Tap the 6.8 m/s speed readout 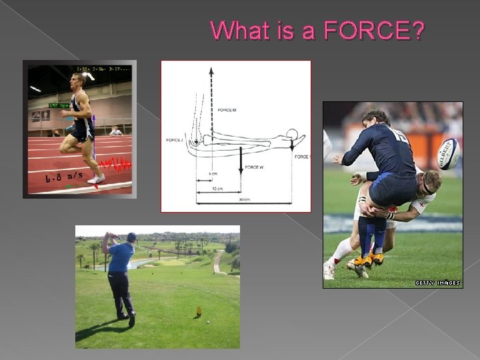[64, 177]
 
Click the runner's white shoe [97, 179]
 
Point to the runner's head [79, 83]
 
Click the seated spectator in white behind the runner [116, 131]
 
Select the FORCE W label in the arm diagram [253, 167]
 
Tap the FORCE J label [173, 140]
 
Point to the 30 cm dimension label [244, 199]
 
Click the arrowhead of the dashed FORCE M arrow [211, 70]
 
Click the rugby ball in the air [448, 154]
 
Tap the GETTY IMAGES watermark [437, 283]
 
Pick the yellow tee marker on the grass [198, 311]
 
